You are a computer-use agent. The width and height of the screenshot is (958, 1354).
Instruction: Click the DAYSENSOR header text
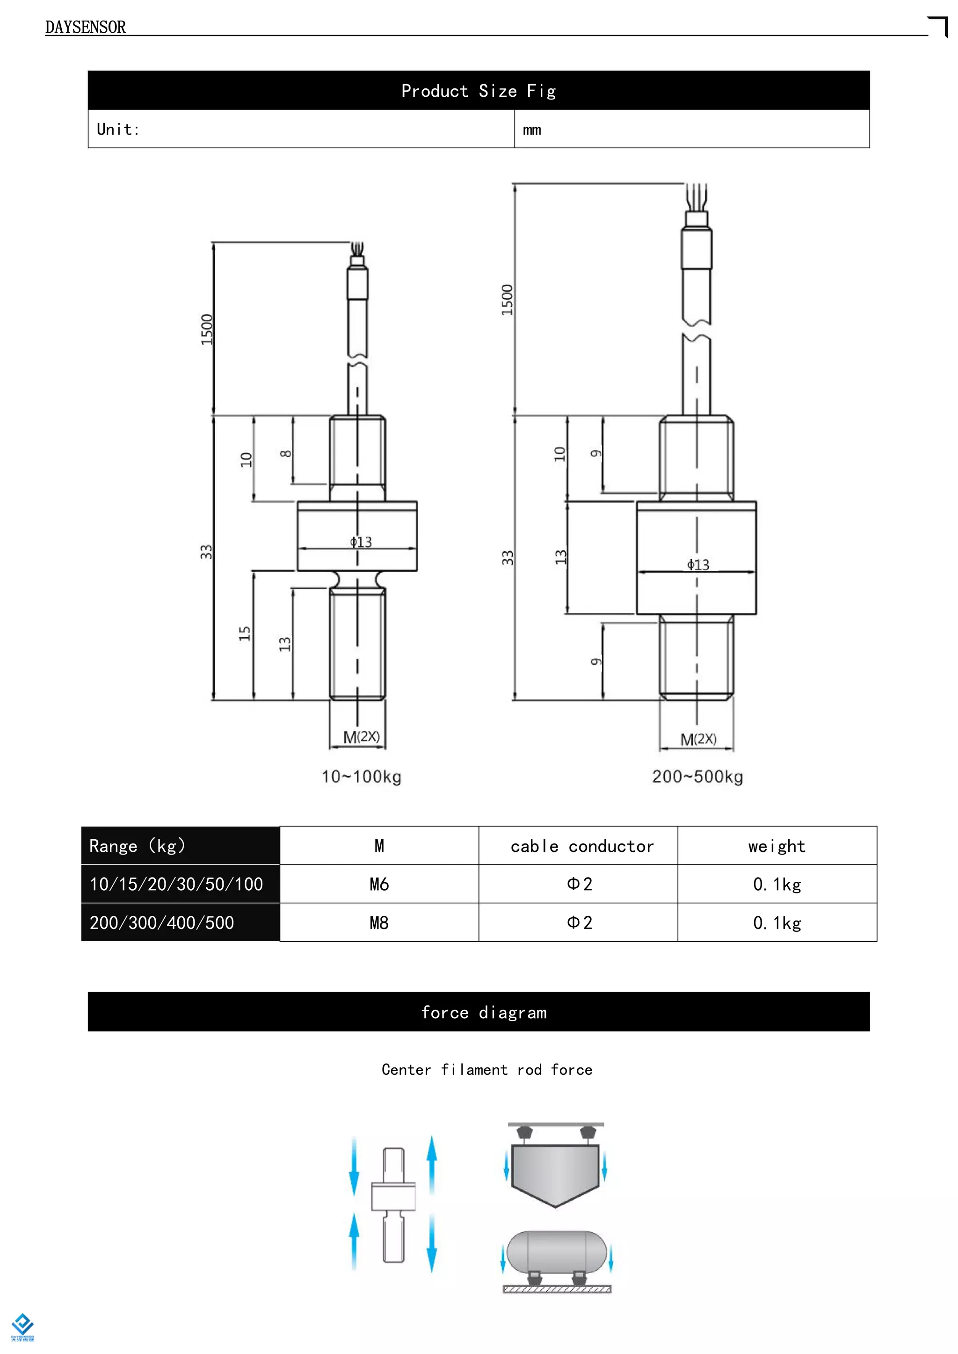coord(86,27)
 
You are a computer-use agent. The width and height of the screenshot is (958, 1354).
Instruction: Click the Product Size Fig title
coord(479,91)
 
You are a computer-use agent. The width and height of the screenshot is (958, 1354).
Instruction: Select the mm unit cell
coord(532,130)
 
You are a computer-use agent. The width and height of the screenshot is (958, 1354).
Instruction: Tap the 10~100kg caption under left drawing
coord(361,776)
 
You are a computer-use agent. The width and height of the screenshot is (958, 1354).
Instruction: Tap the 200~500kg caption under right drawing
coord(697,776)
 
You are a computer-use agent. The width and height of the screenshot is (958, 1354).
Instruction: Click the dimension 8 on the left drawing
coord(285,454)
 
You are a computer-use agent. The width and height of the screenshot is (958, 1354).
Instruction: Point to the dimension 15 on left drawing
coord(245,634)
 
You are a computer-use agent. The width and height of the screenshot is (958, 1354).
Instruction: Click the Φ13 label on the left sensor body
coord(361,541)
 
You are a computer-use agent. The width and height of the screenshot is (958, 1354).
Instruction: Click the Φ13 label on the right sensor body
coord(698,564)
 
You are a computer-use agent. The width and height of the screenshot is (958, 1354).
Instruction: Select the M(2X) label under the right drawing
coord(698,739)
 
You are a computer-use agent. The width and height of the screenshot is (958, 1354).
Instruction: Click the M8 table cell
coord(379,922)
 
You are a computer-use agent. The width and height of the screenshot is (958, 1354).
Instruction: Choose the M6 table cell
coord(379,884)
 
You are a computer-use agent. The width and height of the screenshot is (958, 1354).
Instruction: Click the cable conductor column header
coord(581,846)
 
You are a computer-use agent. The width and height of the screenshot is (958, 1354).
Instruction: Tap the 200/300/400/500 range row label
coord(162,922)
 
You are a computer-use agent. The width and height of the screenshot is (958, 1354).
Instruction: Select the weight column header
coord(777,846)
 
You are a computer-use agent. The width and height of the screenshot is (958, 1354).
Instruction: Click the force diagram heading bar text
coord(484,1013)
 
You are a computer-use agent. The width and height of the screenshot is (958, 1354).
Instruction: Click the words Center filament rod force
coord(486,1070)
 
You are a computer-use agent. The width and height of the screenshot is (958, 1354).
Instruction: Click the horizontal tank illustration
coord(556,1252)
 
